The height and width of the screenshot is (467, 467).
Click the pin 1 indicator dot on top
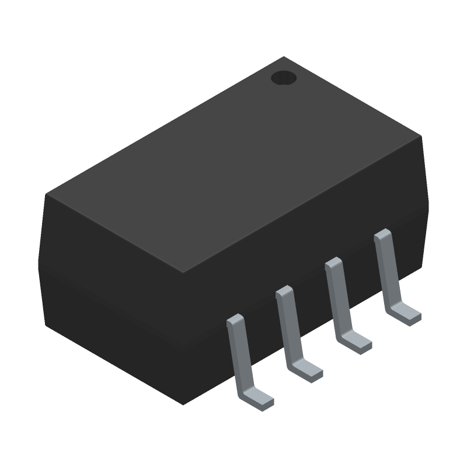click(x=284, y=78)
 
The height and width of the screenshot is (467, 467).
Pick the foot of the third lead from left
click(x=356, y=342)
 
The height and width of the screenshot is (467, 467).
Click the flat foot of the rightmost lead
click(x=405, y=314)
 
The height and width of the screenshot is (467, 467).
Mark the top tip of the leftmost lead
click(x=235, y=320)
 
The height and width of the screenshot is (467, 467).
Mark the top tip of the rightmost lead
click(x=382, y=233)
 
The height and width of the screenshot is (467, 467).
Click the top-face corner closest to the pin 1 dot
click(x=284, y=57)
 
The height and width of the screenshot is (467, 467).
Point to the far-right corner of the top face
click(x=420, y=137)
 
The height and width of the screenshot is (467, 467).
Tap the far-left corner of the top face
click(x=47, y=195)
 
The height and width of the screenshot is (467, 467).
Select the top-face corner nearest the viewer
click(x=183, y=273)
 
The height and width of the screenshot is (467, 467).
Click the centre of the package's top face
click(x=233, y=165)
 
